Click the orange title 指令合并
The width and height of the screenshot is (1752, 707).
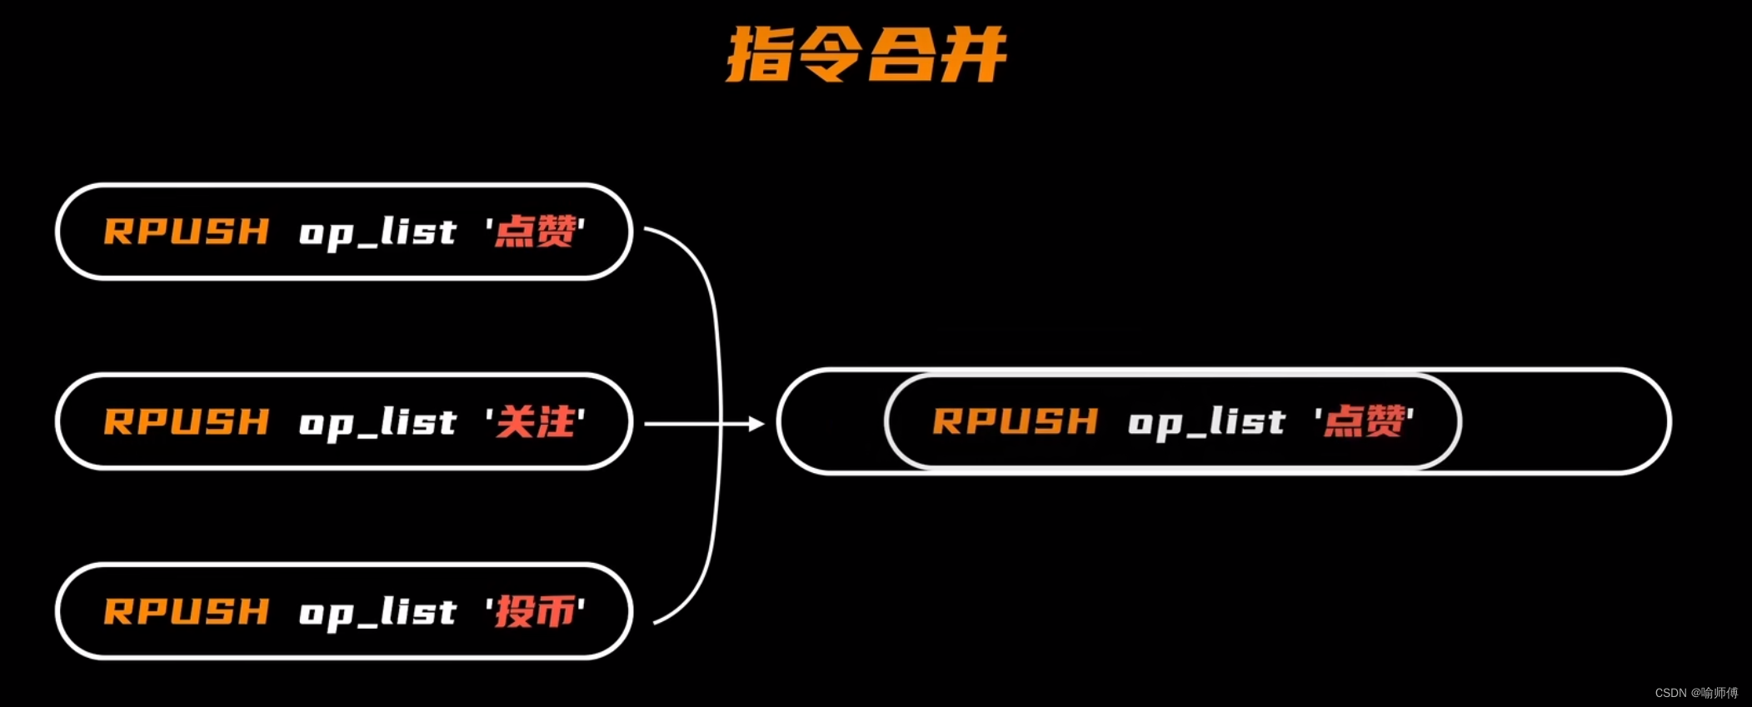(866, 55)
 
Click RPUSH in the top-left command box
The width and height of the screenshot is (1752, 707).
(187, 232)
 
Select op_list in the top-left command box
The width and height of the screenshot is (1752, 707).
(377, 232)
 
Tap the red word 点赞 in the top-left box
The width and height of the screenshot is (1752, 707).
(535, 232)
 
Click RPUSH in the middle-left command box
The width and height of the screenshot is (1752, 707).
(187, 421)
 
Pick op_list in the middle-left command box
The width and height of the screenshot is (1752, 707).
(377, 422)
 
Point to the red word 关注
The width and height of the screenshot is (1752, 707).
(535, 421)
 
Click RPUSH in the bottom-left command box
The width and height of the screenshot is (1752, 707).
(187, 611)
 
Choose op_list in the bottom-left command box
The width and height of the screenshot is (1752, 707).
(377, 612)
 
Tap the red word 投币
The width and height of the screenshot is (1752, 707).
(535, 611)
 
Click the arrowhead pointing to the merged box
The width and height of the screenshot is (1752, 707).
(756, 424)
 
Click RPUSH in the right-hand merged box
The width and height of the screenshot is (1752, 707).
(1016, 421)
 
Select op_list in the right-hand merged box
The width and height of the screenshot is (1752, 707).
(1206, 422)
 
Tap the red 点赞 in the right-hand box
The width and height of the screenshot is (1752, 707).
(1364, 421)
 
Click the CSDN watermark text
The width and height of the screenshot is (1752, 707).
(1670, 693)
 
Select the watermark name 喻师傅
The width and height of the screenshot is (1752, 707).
(1720, 693)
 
